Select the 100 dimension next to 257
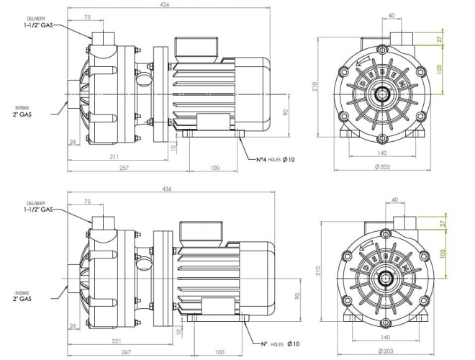pos(214,167)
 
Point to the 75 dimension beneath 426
pos(87,15)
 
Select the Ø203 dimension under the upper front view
pos(382,167)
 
